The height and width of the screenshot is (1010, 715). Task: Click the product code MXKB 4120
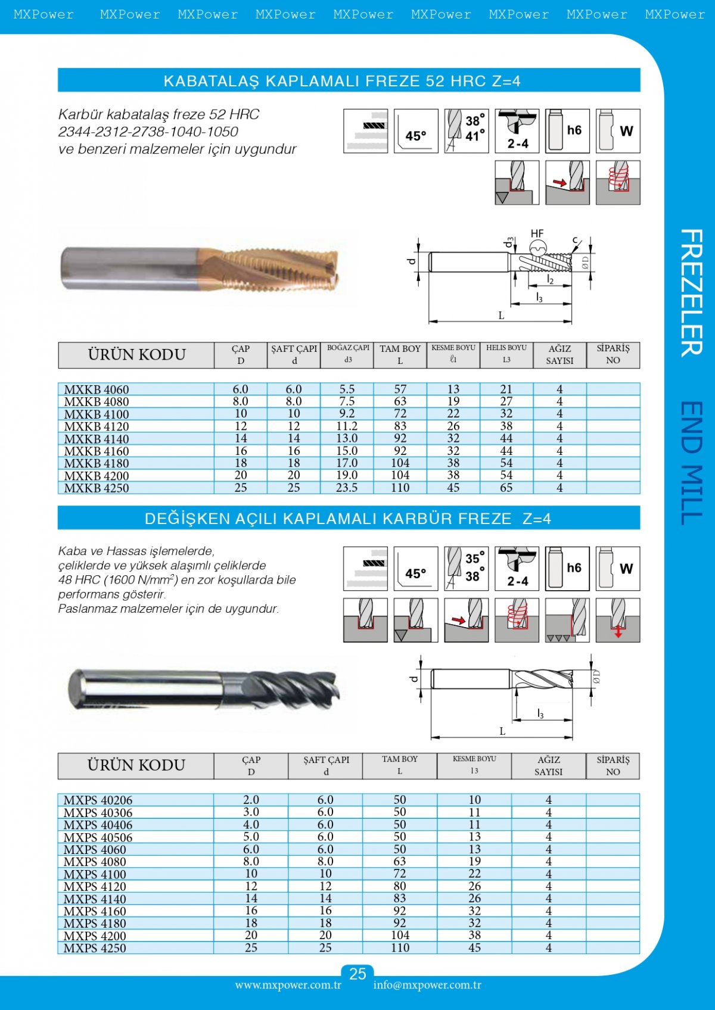point(97,426)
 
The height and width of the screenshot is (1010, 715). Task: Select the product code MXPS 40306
point(98,813)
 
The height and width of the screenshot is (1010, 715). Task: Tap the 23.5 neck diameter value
point(347,488)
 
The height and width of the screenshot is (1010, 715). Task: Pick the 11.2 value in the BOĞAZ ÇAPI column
point(347,426)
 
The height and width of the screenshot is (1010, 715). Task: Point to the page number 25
point(357,974)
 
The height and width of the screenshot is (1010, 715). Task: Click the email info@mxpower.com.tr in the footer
point(427,985)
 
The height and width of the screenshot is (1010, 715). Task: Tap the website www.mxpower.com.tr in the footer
point(288,985)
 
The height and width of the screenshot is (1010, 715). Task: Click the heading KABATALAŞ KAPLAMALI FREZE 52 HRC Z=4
point(342,81)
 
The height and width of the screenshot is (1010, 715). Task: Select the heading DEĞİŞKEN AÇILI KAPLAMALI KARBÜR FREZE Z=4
point(348,519)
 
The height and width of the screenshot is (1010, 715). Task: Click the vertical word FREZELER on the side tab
point(691,292)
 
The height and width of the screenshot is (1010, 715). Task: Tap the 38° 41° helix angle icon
point(466,131)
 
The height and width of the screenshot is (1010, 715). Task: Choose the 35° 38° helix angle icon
point(466,569)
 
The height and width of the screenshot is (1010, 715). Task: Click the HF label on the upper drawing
point(537,234)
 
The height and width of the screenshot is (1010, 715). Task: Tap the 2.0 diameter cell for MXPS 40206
point(251,800)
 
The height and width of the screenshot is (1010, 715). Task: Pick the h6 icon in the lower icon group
point(567,569)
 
